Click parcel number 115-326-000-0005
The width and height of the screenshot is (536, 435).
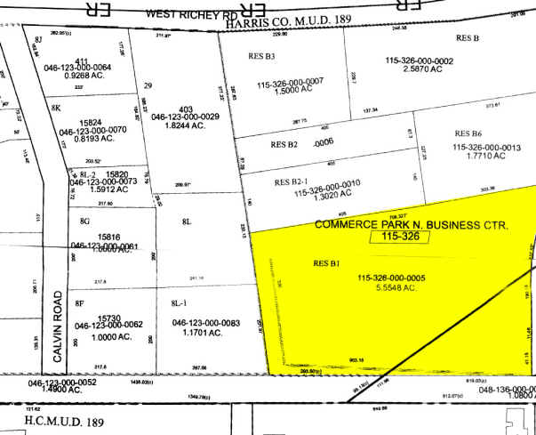(x=404, y=278)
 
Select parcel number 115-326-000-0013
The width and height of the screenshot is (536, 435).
(x=486, y=147)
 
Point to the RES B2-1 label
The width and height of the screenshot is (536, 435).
(x=288, y=181)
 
